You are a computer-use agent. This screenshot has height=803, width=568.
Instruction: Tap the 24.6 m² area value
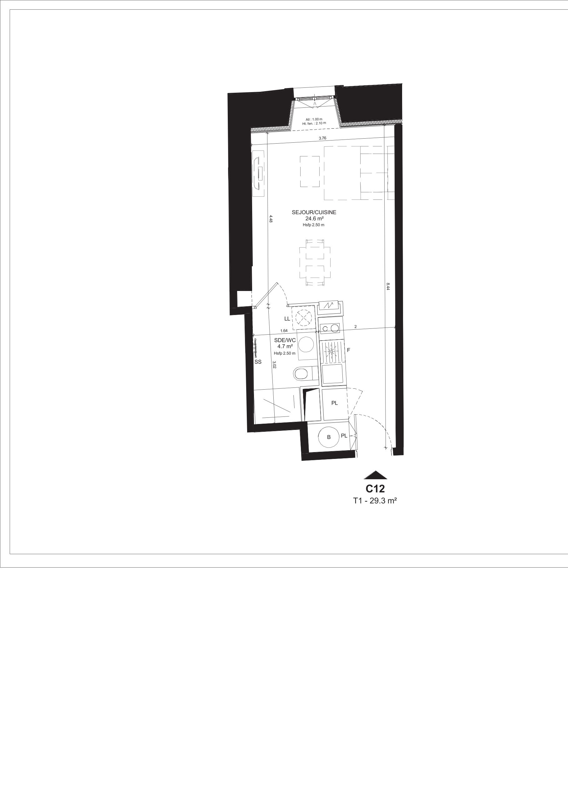314,219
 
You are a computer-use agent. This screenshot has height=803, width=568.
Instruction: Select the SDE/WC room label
285,340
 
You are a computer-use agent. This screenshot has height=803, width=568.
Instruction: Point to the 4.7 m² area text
285,346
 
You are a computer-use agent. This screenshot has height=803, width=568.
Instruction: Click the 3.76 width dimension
322,138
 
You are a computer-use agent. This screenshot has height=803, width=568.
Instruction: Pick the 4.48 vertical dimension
271,219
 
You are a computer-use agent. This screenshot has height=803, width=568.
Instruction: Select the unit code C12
375,488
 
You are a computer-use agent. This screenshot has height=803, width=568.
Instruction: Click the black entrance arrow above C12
376,475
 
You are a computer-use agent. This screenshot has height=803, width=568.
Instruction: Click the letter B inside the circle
329,437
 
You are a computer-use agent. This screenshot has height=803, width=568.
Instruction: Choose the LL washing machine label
287,319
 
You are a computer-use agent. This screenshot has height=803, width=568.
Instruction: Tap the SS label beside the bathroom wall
258,362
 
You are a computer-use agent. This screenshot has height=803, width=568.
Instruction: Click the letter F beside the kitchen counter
348,350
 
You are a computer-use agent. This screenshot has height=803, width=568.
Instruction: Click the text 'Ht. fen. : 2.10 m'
314,123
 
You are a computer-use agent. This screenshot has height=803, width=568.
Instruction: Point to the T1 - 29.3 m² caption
375,501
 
